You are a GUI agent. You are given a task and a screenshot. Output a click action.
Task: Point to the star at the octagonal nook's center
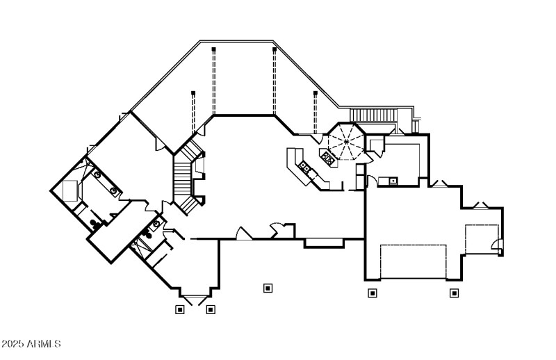click(x=345, y=142)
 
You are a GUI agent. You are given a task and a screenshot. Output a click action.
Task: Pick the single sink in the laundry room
click(x=393, y=181)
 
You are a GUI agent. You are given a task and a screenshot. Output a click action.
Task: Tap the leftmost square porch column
click(x=180, y=309)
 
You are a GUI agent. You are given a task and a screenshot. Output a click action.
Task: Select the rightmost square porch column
click(x=454, y=293)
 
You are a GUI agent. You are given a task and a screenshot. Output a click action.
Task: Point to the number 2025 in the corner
click(x=13, y=344)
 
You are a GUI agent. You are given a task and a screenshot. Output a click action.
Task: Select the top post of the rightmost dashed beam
click(x=315, y=92)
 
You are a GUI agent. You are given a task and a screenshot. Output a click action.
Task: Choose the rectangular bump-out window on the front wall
click(x=324, y=243)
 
